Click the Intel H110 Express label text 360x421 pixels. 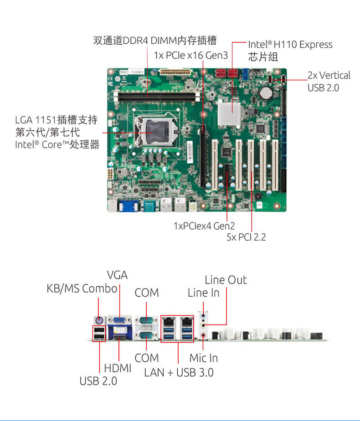tap(290, 45)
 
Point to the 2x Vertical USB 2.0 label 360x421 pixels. tap(329, 81)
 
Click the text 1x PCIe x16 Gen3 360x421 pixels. tap(190, 55)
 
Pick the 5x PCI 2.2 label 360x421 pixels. tap(246, 237)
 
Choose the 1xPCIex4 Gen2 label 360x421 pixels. tap(204, 226)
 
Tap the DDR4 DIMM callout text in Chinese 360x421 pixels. tap(155, 41)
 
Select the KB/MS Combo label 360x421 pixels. tap(82, 289)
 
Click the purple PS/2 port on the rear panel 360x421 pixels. tap(98, 320)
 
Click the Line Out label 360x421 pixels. tap(226, 280)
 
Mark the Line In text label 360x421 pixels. tap(203, 293)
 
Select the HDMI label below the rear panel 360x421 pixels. tap(118, 368)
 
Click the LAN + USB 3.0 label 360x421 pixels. tap(179, 372)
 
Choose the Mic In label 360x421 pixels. tap(203, 358)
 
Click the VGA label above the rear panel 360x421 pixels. tap(117, 275)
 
